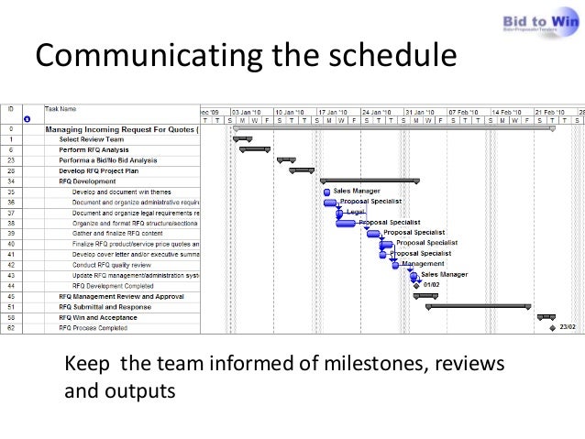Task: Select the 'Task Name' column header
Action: point(61,109)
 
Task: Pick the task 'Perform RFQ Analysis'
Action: point(94,149)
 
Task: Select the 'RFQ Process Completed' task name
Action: point(93,327)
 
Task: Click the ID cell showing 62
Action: point(11,327)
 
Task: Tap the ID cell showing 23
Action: point(11,160)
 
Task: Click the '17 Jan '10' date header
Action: point(335,110)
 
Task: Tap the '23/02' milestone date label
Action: point(568,326)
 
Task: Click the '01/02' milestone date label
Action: point(431,285)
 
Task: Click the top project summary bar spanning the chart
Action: point(394,129)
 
